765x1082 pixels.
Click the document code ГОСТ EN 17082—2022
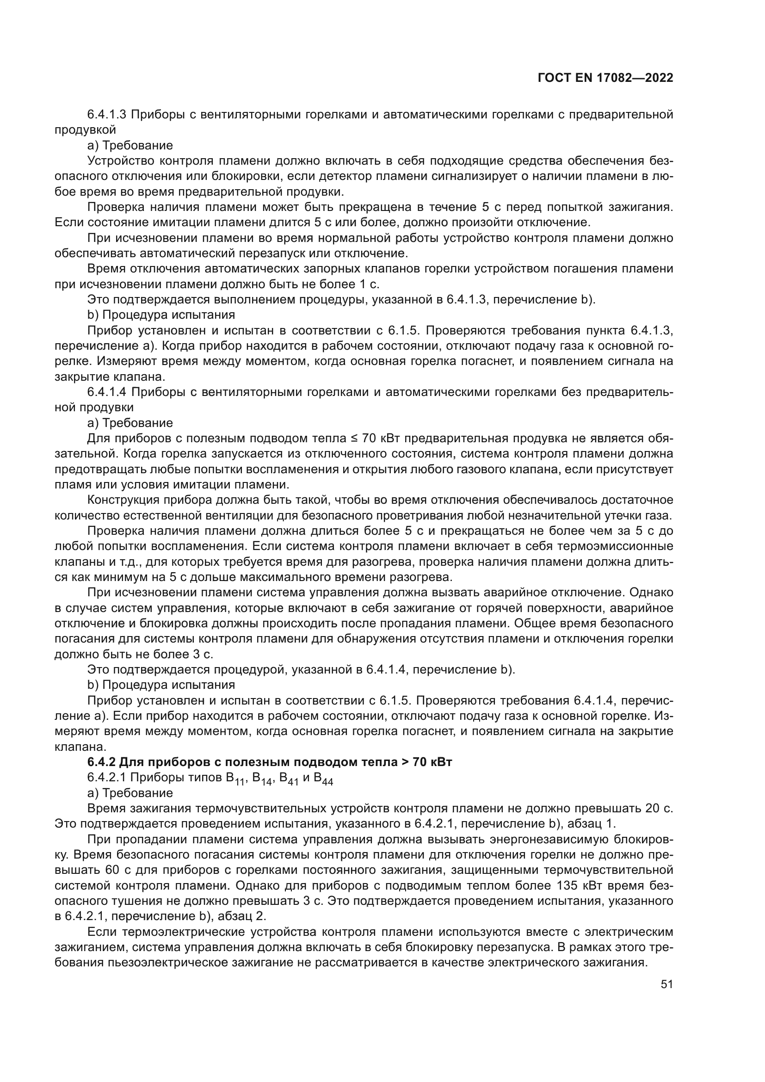pos(605,78)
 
